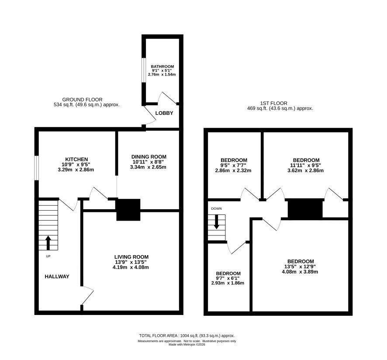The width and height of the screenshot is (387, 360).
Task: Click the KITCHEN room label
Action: tap(76, 159)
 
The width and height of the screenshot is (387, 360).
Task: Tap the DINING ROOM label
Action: tap(149, 157)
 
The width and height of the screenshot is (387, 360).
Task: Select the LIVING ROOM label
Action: tap(131, 257)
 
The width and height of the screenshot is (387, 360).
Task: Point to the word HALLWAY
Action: tap(57, 277)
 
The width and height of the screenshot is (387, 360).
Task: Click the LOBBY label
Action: tap(164, 113)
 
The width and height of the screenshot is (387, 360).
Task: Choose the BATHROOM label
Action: tap(162, 66)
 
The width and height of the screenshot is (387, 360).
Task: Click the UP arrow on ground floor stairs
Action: tap(48, 242)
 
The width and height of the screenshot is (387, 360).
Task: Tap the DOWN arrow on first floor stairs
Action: tap(217, 222)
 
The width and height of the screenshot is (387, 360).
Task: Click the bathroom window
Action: tap(143, 70)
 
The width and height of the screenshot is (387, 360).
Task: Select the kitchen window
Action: tap(36, 168)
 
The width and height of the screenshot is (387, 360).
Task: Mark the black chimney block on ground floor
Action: tap(128, 210)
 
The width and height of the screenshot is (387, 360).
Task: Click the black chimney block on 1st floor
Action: tap(305, 209)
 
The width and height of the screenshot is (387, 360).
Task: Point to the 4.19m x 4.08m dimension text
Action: tap(131, 267)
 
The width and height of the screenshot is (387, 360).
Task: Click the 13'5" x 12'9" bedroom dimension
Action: tap(300, 267)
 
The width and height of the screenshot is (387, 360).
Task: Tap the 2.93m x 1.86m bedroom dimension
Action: tap(228, 283)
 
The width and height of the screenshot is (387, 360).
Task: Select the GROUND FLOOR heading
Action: tap(82, 100)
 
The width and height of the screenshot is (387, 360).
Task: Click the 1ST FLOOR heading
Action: tap(274, 103)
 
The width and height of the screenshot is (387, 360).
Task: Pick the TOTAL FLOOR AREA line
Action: tap(187, 336)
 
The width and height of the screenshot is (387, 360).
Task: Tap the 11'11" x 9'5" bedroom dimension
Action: tap(306, 166)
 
